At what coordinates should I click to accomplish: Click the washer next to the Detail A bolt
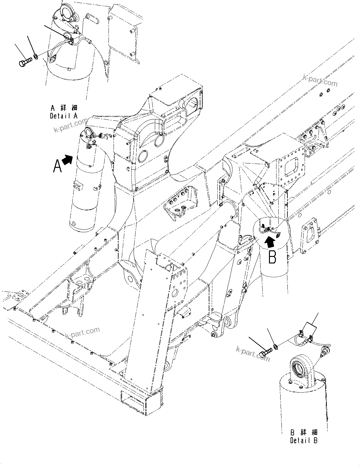[36, 57]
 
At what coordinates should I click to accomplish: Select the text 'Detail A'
[64, 116]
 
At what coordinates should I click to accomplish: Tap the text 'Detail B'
[304, 441]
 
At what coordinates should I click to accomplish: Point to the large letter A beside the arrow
[57, 166]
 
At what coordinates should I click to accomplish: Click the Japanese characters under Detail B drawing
[304, 433]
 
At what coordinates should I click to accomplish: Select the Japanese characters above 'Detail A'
[64, 108]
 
